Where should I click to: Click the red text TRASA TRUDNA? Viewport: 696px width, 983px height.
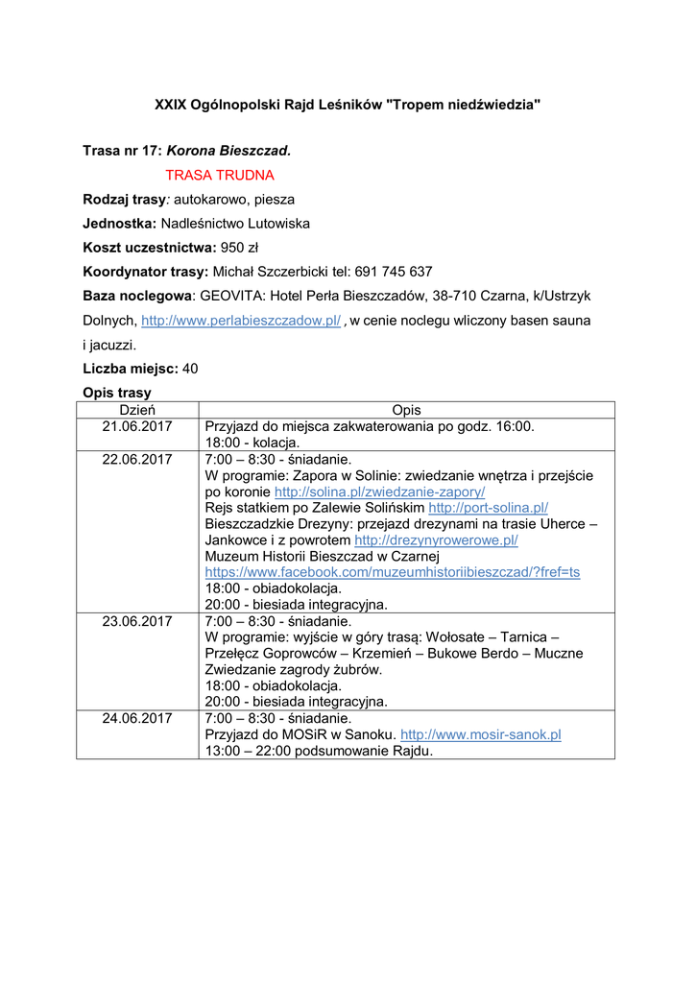coord(220,175)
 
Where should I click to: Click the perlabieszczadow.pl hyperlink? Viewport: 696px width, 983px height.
coord(241,321)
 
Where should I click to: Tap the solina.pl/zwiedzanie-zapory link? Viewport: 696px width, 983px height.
coord(379,491)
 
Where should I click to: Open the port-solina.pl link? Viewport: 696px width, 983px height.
coord(488,507)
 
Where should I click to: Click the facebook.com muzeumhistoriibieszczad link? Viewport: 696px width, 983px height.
coord(393,572)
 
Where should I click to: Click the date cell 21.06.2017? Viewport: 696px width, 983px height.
coord(136,426)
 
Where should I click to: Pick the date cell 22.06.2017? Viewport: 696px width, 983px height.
coord(136,459)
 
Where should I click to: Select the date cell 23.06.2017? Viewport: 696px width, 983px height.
coord(136,621)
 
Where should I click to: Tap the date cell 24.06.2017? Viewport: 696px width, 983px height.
coord(136,718)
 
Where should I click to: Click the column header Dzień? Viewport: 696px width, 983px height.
coord(136,410)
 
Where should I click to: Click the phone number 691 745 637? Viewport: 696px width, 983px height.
coord(394,272)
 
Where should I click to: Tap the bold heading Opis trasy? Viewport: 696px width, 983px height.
coord(117,393)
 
